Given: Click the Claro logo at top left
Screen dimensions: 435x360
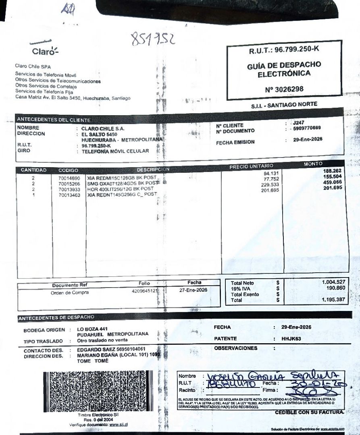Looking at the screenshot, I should click(44, 49).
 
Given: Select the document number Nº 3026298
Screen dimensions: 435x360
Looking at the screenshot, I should click(284, 89).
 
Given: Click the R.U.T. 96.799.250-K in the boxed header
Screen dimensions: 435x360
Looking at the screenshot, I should click(284, 50).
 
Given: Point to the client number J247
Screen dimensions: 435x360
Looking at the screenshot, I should click(299, 122).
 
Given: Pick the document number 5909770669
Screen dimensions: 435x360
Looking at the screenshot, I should click(307, 128).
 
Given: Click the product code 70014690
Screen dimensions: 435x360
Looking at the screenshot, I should click(69, 178).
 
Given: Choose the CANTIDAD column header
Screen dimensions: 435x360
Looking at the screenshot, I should click(34, 170).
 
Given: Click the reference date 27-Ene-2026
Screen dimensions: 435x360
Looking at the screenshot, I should click(194, 290).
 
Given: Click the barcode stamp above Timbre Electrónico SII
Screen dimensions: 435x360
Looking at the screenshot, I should click(98, 391).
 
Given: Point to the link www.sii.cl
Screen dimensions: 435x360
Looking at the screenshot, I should click(119, 425).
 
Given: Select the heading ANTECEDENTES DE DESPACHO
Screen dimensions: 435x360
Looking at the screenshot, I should click(56, 317).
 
